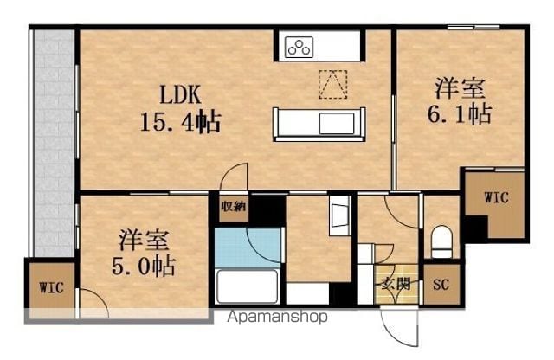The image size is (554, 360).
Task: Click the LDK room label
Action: [180, 94]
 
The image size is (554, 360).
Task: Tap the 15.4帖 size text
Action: [181, 121]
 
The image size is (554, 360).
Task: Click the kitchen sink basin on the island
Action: [337, 123]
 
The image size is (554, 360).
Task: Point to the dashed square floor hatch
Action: [332, 84]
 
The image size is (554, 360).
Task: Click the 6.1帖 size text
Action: [460, 113]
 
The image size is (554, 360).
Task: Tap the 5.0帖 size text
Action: [144, 266]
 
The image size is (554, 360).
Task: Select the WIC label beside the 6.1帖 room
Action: [496, 197]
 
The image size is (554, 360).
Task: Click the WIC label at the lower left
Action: [52, 287]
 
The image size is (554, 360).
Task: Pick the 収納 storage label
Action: [233, 206]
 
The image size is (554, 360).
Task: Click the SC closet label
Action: [441, 284]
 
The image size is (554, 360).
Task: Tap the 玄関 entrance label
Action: [396, 284]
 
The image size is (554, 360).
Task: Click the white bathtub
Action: [247, 286]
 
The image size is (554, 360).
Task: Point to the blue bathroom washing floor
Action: [248, 248]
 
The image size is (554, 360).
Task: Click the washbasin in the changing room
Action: [339, 216]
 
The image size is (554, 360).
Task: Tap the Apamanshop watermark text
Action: [277, 317]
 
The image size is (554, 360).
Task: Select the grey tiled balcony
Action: [54, 143]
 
